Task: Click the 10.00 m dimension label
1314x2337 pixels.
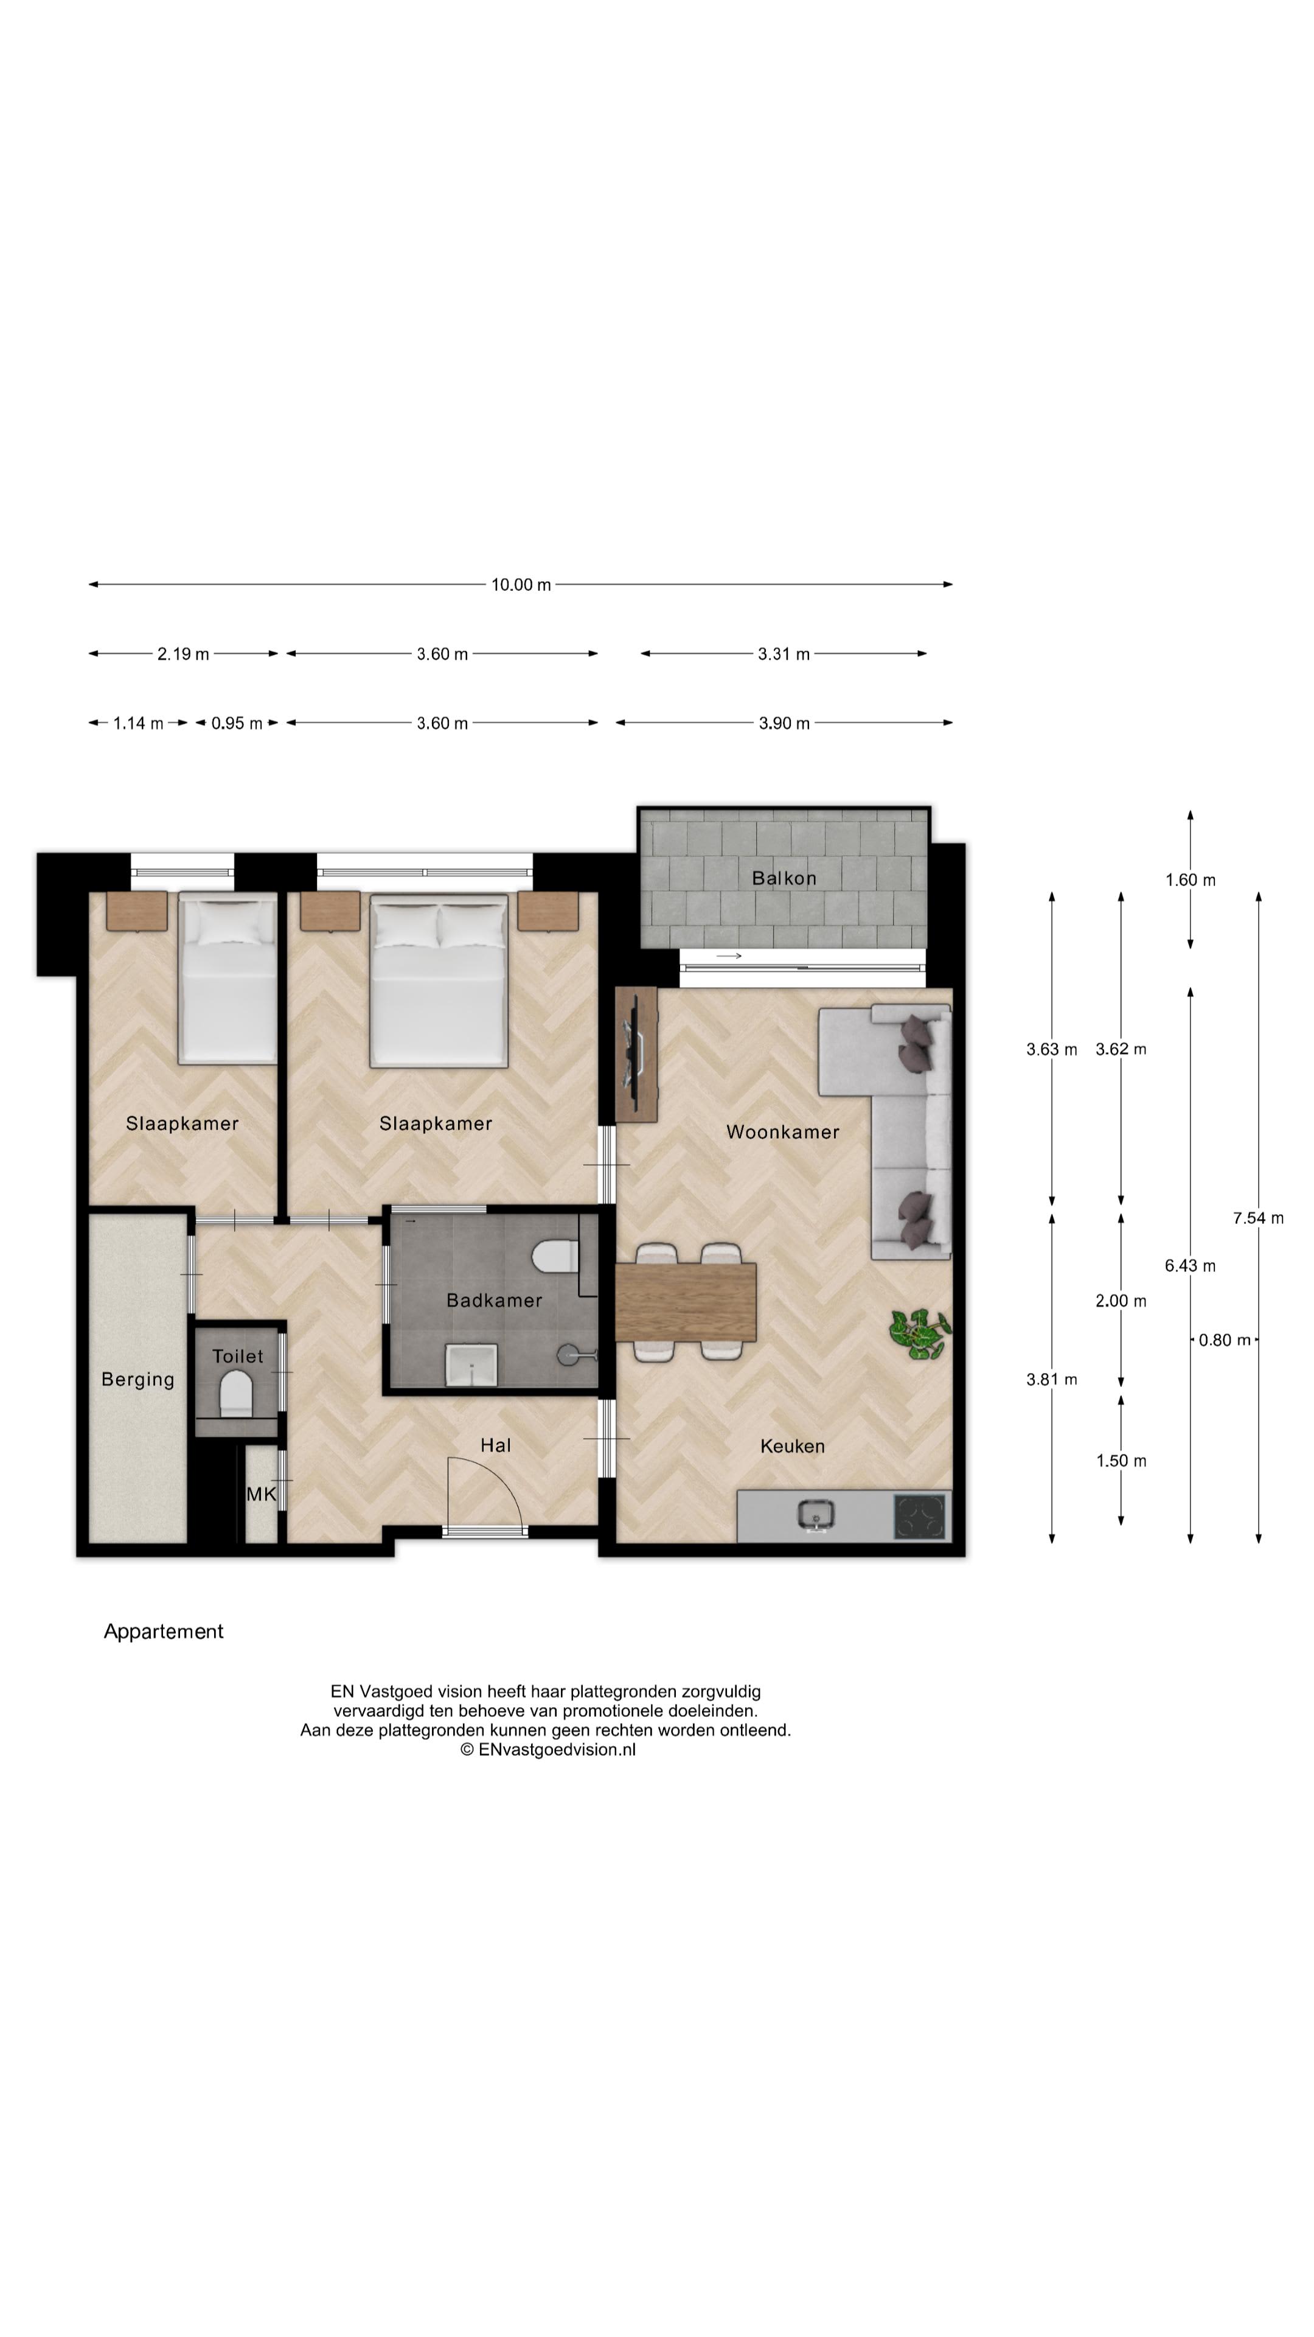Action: (521, 584)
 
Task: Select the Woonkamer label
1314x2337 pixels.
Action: (782, 1131)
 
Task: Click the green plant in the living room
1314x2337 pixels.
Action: (919, 1333)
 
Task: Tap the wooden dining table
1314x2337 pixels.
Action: (686, 1302)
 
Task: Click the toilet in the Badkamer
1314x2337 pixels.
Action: (555, 1257)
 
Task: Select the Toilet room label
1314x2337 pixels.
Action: (238, 1357)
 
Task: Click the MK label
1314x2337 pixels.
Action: (261, 1493)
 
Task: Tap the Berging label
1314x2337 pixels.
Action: (138, 1379)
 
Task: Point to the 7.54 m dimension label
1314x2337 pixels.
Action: (1258, 1217)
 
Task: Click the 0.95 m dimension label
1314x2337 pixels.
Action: (237, 723)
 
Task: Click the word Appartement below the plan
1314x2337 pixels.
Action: (163, 1631)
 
